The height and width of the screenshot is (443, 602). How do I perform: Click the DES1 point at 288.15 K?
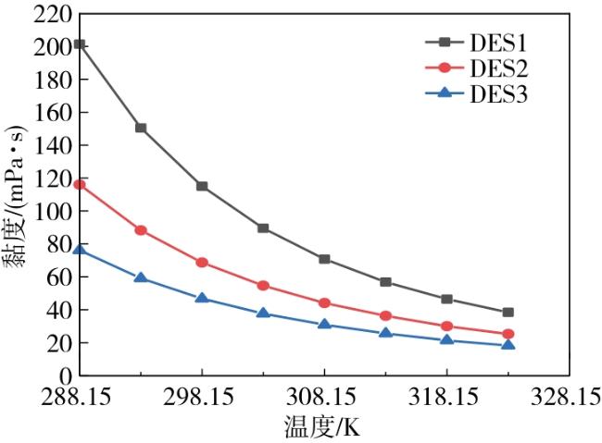pyautogui.click(x=80, y=44)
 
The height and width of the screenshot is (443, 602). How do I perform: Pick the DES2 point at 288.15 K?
pyautogui.click(x=80, y=184)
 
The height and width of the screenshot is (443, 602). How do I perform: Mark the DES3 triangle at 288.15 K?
pyautogui.click(x=80, y=250)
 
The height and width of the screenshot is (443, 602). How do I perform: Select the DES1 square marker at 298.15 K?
pyautogui.click(x=202, y=186)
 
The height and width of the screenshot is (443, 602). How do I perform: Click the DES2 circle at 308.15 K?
pyautogui.click(x=324, y=303)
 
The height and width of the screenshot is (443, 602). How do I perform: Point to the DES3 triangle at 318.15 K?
pyautogui.click(x=446, y=340)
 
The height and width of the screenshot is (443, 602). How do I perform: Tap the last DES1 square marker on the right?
pyautogui.click(x=508, y=313)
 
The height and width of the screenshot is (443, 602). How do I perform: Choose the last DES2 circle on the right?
pyautogui.click(x=508, y=334)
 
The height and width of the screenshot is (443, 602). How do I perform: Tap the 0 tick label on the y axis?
pyautogui.click(x=66, y=376)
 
